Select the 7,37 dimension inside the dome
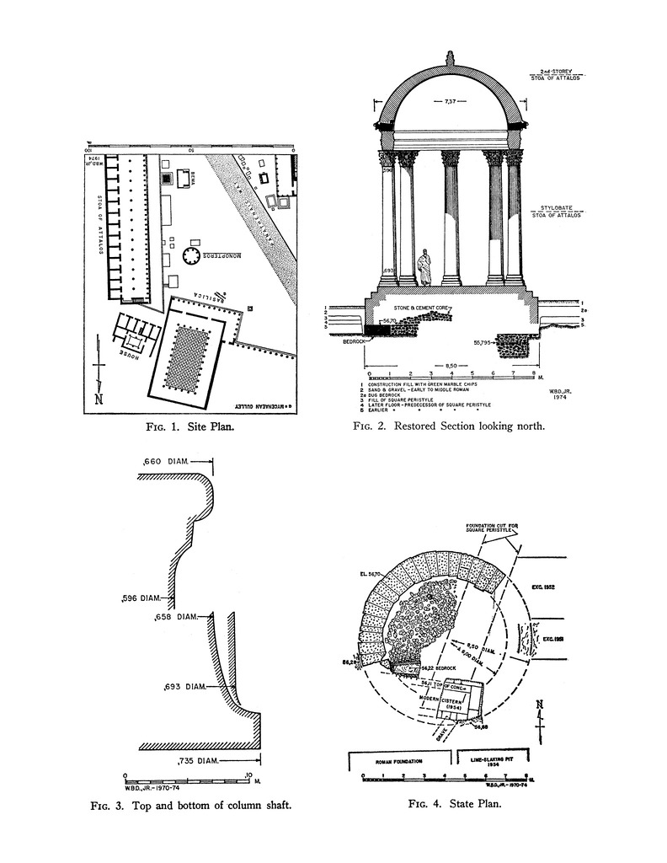(451, 102)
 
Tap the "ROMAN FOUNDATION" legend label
(400, 759)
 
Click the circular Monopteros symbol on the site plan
(189, 254)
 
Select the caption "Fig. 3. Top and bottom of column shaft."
(191, 805)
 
